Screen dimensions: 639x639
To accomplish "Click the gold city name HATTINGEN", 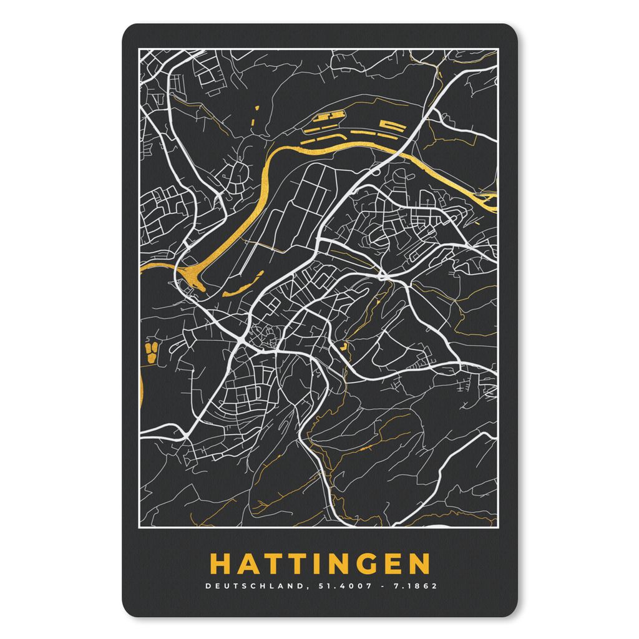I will point(319,563).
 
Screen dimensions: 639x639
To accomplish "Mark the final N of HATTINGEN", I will point(419,563).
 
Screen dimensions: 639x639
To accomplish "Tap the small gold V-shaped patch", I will point(344,343).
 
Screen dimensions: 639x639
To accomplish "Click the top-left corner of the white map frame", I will point(138,49).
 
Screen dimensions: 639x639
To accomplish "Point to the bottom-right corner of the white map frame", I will point(497,527).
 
